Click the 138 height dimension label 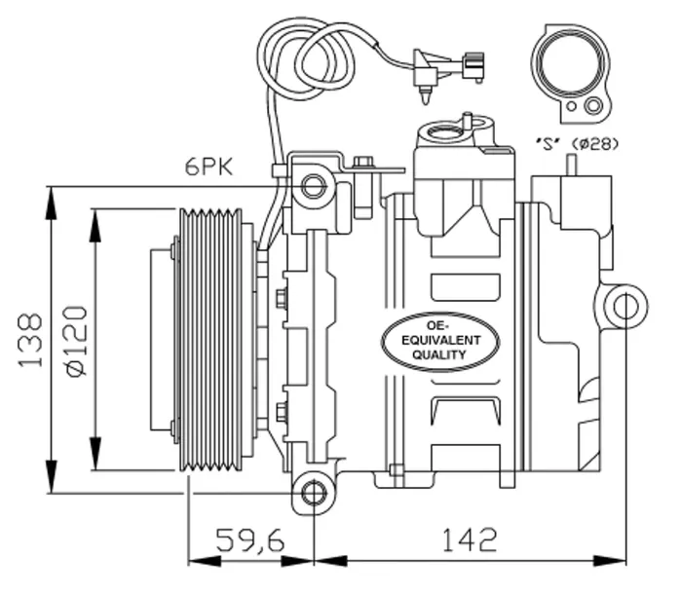(30, 340)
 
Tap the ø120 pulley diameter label (76, 341)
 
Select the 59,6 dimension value (250, 539)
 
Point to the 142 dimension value (469, 539)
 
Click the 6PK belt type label (208, 167)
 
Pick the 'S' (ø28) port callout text (577, 143)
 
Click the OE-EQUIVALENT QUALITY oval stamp (440, 341)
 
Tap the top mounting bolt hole (313, 186)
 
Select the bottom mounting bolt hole (313, 493)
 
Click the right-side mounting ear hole (625, 306)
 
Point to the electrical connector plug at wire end (473, 66)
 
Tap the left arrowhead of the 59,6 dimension (205, 561)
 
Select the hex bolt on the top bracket (363, 163)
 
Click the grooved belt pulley (210, 340)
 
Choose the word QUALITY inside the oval (438, 354)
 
